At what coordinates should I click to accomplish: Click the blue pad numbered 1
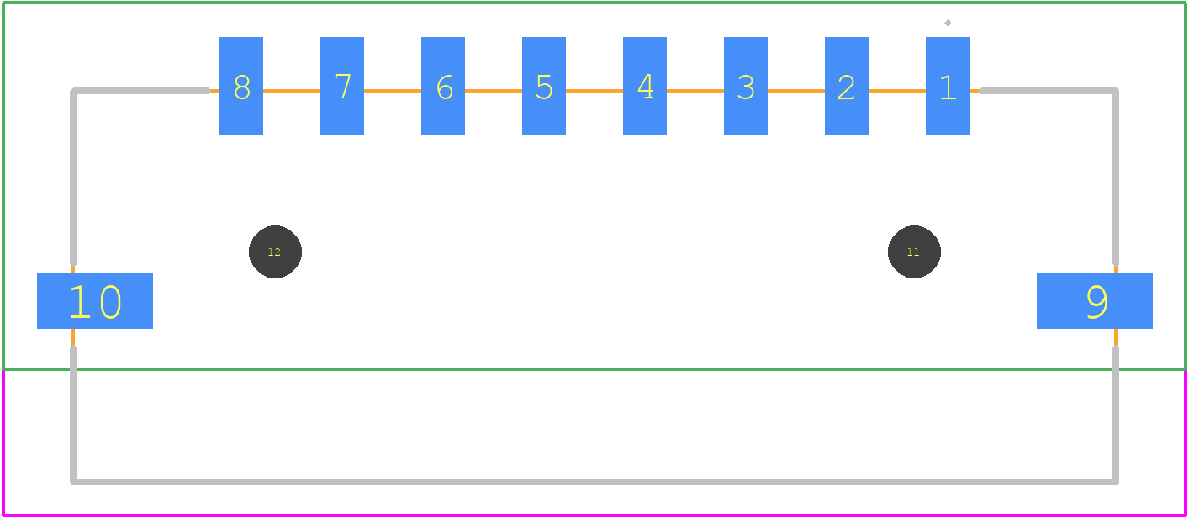coord(948,86)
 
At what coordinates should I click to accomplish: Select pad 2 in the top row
coord(847,86)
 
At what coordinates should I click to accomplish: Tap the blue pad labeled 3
coord(746,86)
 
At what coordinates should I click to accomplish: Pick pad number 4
coord(645,86)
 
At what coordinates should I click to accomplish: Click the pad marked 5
coord(544,86)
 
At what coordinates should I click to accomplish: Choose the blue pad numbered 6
coord(443,86)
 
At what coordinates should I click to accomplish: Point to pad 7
coord(342,86)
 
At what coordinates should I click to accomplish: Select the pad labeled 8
coord(241,86)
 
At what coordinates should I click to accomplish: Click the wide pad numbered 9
coord(1095,300)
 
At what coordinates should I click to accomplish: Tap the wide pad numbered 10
coord(95,300)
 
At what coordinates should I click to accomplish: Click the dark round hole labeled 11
coord(914,252)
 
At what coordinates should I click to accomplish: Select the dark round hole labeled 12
coord(276,252)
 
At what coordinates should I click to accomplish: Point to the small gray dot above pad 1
coord(948,23)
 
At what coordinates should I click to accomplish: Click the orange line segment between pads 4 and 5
coord(594,91)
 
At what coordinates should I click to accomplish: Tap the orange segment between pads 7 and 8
coord(292,91)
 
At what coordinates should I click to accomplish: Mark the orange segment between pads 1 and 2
coord(897,91)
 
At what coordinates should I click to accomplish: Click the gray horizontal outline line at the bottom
coord(594,482)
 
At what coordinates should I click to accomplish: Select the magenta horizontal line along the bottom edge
coord(594,516)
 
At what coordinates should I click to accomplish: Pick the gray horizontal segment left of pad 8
coord(140,91)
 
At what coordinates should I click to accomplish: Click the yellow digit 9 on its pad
coord(1097,302)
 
